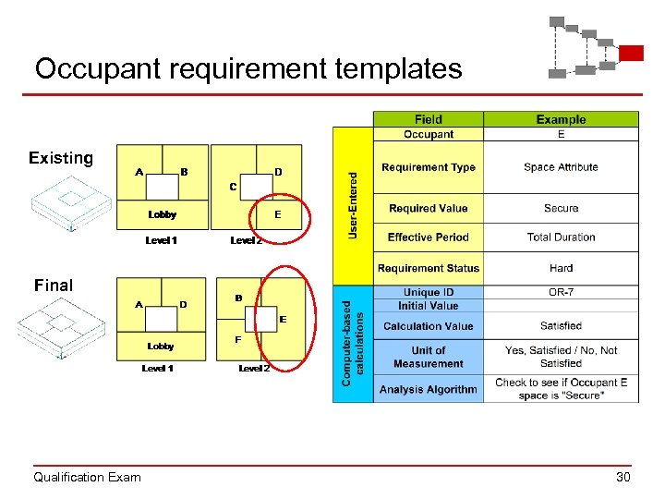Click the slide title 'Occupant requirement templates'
point(248,68)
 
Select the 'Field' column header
point(428,119)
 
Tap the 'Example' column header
point(561,119)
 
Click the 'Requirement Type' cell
point(428,167)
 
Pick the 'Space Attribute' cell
point(561,167)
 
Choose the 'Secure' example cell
point(561,209)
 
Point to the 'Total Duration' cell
point(561,237)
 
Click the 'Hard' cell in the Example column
point(561,269)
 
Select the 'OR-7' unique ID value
point(561,293)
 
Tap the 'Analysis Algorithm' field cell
point(428,389)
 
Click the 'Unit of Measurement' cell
point(428,357)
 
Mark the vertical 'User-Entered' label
point(352,203)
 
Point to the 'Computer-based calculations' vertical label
point(353,343)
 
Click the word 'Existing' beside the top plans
point(61,158)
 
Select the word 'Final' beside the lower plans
point(53,286)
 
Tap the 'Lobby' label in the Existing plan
point(163,214)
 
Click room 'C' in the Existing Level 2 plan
point(233,187)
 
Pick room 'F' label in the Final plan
point(237,339)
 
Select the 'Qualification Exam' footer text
point(87,477)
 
